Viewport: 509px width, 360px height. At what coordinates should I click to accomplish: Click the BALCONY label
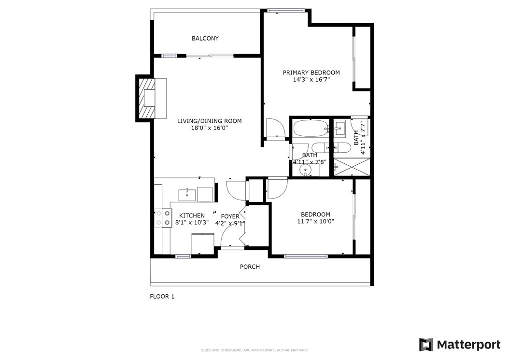tap(205, 38)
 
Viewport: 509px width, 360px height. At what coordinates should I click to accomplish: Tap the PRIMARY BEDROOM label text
tap(311, 72)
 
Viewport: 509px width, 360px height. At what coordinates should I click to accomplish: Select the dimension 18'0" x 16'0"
tap(210, 128)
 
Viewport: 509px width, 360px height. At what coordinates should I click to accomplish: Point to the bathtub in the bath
tap(311, 128)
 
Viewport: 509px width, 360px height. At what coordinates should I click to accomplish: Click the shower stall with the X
tap(352, 167)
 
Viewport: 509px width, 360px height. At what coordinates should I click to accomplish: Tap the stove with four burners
tap(163, 217)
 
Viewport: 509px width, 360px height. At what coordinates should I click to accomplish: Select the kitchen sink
tap(187, 194)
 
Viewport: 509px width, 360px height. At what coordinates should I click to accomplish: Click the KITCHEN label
tap(192, 216)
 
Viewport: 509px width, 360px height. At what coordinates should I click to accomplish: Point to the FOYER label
tap(230, 216)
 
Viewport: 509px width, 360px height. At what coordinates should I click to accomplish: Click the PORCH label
tap(250, 267)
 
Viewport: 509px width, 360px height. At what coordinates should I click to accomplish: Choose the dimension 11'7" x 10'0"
tap(315, 222)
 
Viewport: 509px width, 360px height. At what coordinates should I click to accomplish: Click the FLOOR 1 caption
tap(162, 296)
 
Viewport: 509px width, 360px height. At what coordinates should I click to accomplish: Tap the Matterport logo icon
tap(426, 345)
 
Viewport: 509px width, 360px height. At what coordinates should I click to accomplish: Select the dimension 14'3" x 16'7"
tap(311, 79)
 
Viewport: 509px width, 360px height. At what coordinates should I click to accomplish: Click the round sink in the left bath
tap(305, 170)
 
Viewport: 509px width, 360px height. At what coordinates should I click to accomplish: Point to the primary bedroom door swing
tap(275, 128)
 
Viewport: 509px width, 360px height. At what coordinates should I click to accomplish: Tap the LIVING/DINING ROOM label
tap(210, 121)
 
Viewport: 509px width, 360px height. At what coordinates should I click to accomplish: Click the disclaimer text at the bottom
tap(254, 350)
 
